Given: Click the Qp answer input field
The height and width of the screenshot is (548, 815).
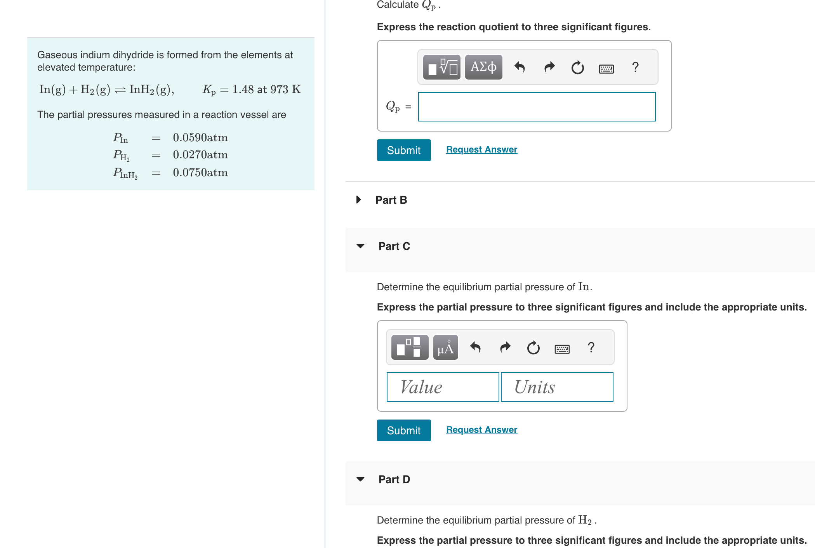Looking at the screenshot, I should pos(537,107).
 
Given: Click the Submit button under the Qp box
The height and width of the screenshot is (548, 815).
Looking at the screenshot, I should pos(403,150).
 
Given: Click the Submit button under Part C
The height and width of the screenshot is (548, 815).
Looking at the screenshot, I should pos(403,430).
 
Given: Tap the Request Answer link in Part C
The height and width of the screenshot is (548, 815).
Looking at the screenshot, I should pos(481,430).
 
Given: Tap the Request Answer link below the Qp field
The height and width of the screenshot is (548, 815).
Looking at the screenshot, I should pos(481,149).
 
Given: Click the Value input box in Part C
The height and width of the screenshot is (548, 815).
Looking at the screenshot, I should pos(443,387).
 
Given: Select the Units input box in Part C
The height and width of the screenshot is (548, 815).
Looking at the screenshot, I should pos(557,387).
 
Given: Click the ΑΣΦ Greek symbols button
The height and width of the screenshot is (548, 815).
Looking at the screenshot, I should pos(483,67).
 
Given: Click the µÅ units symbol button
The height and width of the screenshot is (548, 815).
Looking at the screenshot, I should pos(445,347).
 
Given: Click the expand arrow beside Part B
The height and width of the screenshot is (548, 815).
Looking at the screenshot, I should pos(358,199).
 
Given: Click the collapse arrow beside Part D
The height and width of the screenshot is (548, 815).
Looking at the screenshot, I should pos(360,479).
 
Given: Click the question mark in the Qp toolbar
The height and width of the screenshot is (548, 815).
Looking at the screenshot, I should pos(635,67).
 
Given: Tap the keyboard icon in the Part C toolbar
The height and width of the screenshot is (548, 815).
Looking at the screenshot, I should pos(562,349).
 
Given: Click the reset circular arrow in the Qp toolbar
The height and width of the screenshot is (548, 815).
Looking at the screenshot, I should pos(577,68).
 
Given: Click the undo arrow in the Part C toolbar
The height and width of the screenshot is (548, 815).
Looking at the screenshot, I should pos(475,347).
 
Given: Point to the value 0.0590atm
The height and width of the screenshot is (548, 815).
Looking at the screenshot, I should pos(200,137).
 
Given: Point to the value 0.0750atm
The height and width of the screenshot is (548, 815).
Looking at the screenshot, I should pos(200,172).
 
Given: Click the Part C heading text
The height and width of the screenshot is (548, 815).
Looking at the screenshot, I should pos(394,246).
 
